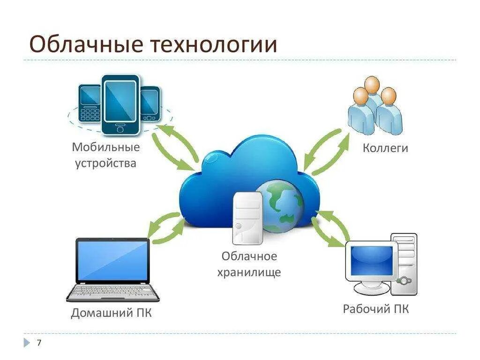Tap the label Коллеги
385,148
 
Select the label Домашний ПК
112,313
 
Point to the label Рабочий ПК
376,309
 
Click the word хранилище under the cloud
249,272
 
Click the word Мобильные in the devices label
106,147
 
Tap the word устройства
106,163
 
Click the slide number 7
39,343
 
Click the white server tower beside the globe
248,217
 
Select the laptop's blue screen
112,261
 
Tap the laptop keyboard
112,292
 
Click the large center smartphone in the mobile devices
120,103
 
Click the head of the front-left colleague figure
360,96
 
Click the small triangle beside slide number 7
27,343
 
